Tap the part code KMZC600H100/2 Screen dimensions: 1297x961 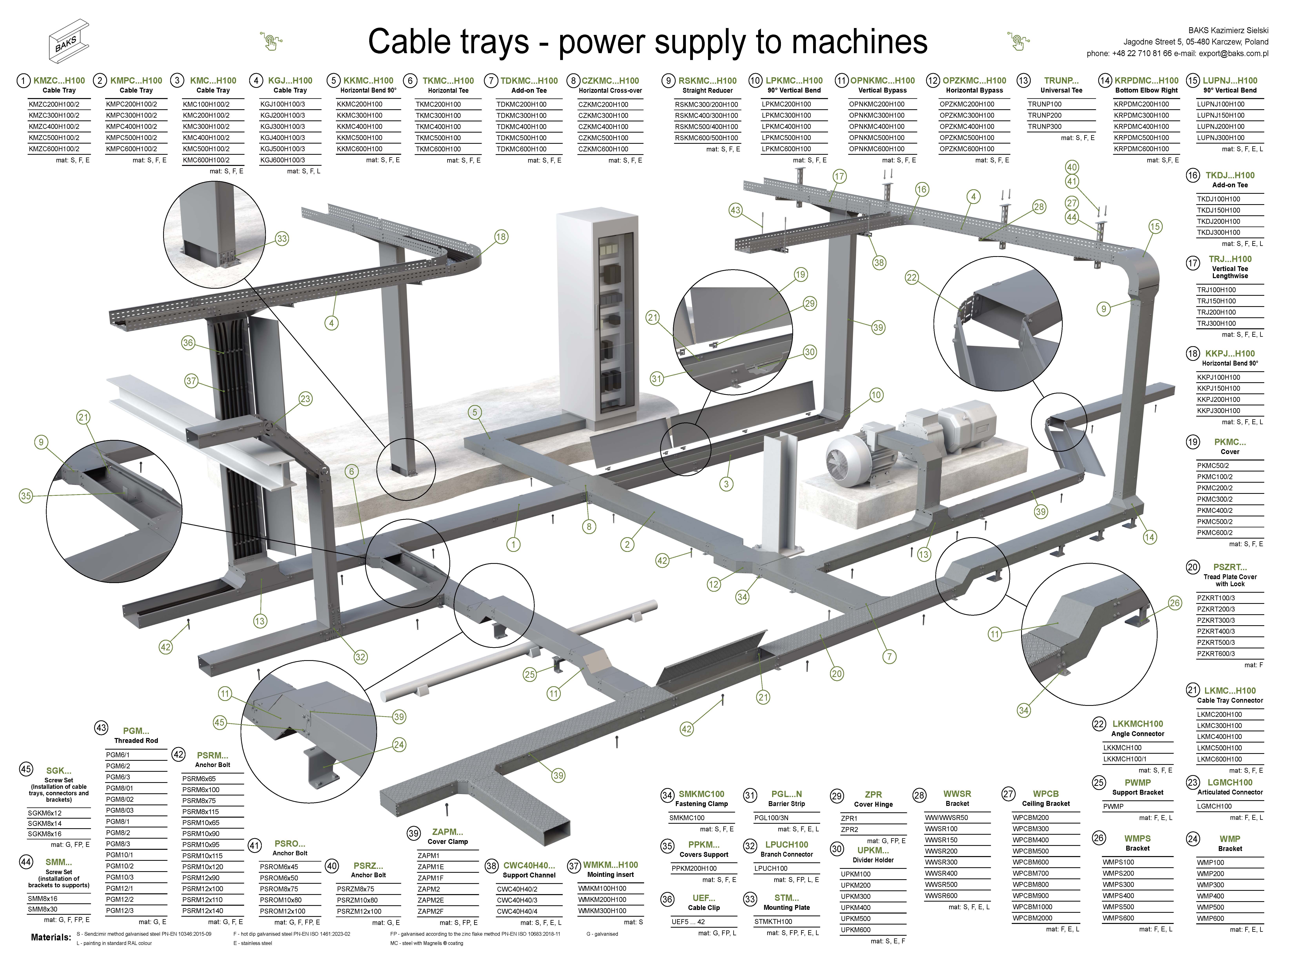(54, 149)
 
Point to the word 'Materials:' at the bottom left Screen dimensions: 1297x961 (51, 938)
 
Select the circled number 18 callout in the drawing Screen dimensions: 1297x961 (501, 237)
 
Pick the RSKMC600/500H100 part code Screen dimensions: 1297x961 (707, 138)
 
